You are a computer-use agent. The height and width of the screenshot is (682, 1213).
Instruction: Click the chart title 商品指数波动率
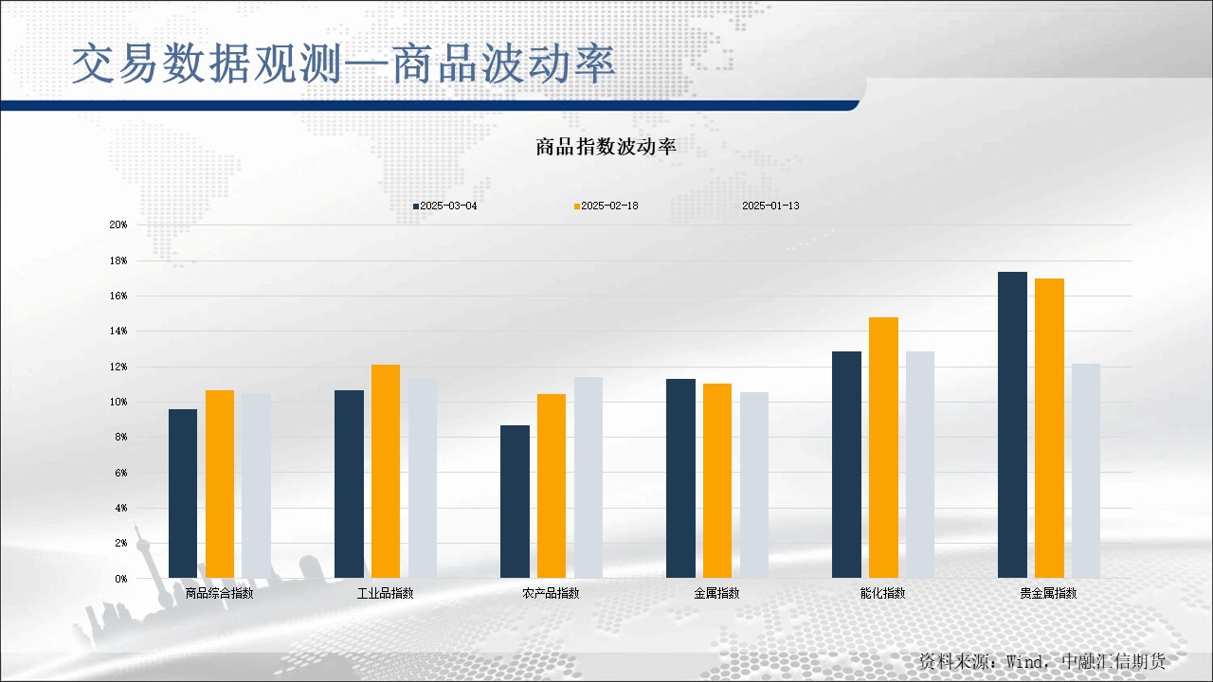click(605, 147)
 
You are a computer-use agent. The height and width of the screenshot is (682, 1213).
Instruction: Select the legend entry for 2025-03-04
click(444, 206)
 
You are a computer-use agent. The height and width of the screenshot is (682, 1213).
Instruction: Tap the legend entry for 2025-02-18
click(606, 206)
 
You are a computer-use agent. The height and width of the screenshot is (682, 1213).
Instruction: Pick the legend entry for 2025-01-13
click(769, 206)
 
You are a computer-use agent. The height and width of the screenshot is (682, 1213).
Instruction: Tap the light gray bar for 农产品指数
click(588, 477)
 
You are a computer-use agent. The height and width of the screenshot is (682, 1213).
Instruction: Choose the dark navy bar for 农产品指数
click(515, 501)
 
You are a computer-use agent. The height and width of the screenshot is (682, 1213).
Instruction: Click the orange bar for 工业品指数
click(386, 471)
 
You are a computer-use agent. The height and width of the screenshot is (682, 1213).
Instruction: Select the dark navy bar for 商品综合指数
click(183, 494)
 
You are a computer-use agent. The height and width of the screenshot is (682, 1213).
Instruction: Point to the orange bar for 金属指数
click(717, 480)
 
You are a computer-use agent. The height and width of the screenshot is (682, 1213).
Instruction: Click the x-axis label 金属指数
click(716, 594)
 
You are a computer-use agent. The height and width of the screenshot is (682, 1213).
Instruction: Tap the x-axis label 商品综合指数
click(219, 594)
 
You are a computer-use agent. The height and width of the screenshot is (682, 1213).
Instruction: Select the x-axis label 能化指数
click(882, 594)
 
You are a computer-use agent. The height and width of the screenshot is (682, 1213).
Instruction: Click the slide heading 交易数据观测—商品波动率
click(343, 63)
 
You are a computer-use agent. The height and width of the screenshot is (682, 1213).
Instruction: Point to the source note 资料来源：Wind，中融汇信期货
click(1041, 661)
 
